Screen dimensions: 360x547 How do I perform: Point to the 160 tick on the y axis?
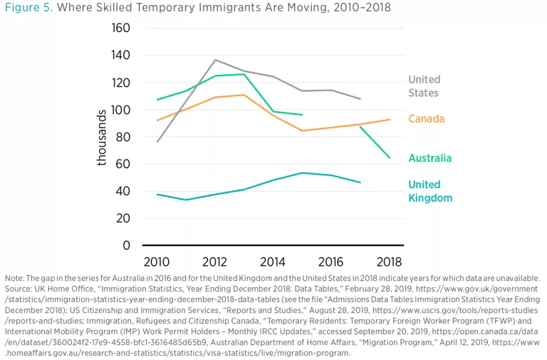point(122,29)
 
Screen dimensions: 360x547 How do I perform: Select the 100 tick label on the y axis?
point(122,110)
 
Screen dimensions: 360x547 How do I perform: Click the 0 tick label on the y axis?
point(127,246)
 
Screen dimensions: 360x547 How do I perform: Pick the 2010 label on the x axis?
point(157,262)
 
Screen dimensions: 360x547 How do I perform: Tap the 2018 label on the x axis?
point(390,262)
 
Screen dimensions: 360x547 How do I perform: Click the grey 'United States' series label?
point(424,86)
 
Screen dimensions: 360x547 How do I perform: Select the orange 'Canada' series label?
point(427,118)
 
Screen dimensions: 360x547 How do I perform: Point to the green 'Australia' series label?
point(429,158)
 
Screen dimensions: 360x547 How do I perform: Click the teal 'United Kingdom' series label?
point(430,191)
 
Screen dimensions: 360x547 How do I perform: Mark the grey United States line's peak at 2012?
point(215,60)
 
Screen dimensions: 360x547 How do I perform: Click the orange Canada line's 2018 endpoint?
point(390,119)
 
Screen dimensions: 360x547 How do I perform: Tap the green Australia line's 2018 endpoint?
point(390,158)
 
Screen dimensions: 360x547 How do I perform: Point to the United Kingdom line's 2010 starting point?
point(157,194)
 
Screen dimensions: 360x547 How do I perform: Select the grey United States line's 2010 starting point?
point(157,141)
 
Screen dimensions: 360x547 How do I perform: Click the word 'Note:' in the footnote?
point(14,277)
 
